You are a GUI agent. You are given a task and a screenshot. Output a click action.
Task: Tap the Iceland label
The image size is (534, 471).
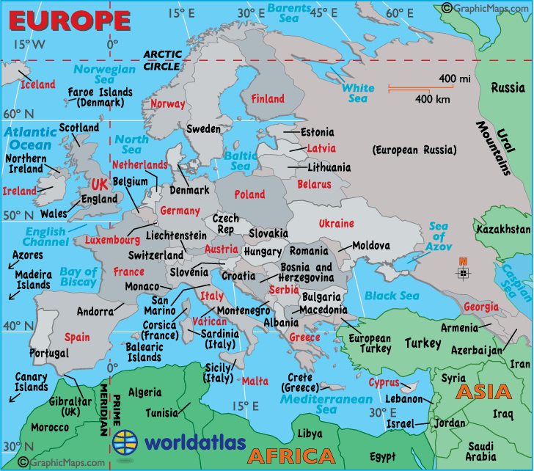[x=37, y=84]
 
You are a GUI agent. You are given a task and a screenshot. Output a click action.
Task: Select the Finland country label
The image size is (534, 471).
[x=268, y=99]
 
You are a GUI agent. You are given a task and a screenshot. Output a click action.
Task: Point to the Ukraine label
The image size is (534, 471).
[x=336, y=224]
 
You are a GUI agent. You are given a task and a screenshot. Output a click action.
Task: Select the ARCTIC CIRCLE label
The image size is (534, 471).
[x=162, y=59]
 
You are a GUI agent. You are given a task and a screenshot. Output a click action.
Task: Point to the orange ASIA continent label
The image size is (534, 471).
[x=483, y=392]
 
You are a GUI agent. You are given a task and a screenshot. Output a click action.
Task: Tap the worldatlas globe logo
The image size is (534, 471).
[x=125, y=443]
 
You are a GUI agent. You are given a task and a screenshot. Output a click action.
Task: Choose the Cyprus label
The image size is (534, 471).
[x=384, y=383]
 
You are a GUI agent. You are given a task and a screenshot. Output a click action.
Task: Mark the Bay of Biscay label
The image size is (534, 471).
[x=78, y=277]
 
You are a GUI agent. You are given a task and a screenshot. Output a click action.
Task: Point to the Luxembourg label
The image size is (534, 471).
[x=112, y=240]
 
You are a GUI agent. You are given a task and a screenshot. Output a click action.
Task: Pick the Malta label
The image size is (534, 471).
[x=255, y=381]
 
